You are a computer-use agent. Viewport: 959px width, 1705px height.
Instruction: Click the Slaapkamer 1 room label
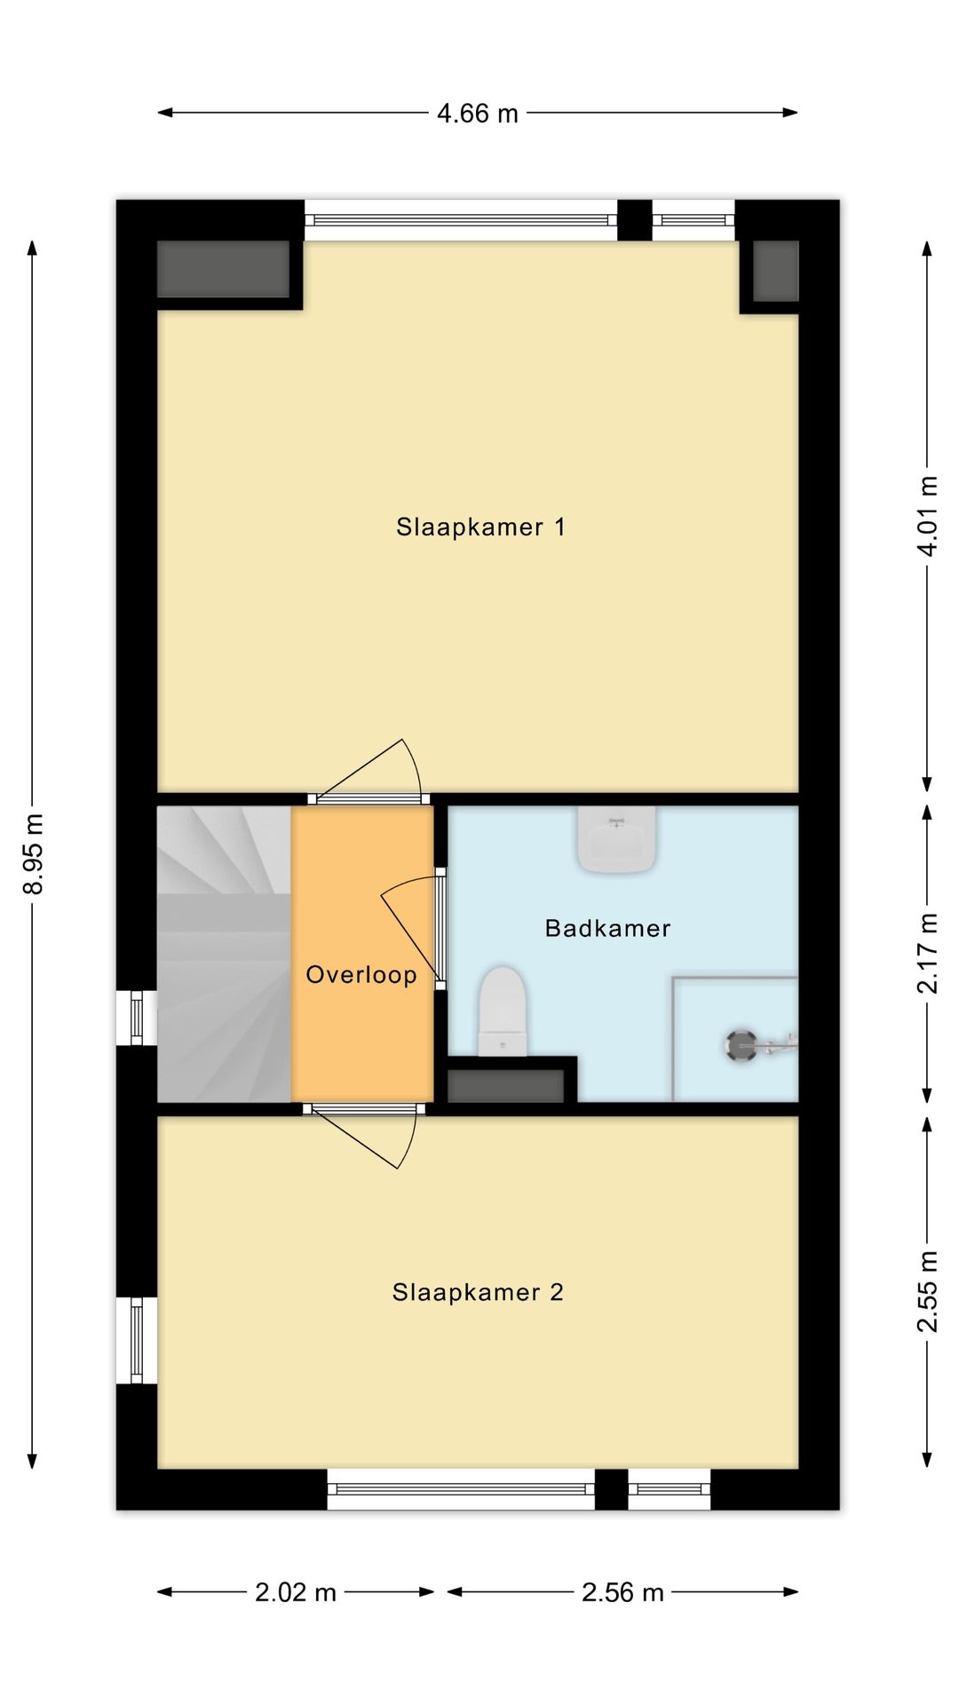click(480, 527)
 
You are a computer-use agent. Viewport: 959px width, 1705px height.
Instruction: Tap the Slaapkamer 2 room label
click(478, 1292)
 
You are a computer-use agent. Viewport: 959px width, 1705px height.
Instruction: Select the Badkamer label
click(607, 929)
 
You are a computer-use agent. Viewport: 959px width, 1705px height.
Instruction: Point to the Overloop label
click(361, 975)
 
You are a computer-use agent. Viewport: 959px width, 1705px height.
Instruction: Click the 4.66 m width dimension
click(478, 113)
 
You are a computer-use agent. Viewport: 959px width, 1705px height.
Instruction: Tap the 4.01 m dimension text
click(928, 516)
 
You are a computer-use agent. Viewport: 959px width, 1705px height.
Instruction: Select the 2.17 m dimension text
click(928, 954)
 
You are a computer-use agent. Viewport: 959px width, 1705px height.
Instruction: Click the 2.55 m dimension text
click(928, 1292)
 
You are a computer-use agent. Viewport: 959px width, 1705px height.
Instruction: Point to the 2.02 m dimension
click(296, 1592)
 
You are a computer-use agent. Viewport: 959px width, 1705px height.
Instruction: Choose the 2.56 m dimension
click(622, 1592)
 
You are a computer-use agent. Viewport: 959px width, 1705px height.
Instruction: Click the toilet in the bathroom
click(502, 1011)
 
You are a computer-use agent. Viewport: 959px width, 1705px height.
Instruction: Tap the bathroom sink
click(617, 838)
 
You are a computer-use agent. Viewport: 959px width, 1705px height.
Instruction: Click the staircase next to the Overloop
click(225, 954)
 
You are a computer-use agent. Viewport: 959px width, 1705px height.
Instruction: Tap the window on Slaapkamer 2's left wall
click(137, 1340)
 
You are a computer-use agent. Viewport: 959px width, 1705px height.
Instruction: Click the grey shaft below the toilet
click(505, 1086)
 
